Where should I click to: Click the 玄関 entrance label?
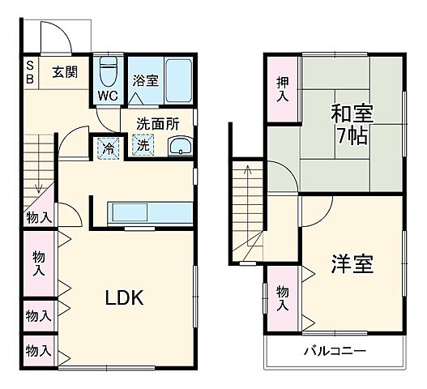pos(65,71)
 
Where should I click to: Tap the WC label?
pos(107,95)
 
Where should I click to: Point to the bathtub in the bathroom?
pos(179,80)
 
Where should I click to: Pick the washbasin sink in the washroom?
pos(180,147)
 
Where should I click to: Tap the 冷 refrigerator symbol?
pos(107,147)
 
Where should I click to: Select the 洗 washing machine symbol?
pos(142,147)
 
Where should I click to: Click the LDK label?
pos(123,297)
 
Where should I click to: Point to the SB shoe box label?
pos(30,71)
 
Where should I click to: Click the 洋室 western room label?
pos(352,264)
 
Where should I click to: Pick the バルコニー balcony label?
pos(335,352)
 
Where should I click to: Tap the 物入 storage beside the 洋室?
pos(281,298)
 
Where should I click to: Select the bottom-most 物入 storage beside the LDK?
pos(38,351)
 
